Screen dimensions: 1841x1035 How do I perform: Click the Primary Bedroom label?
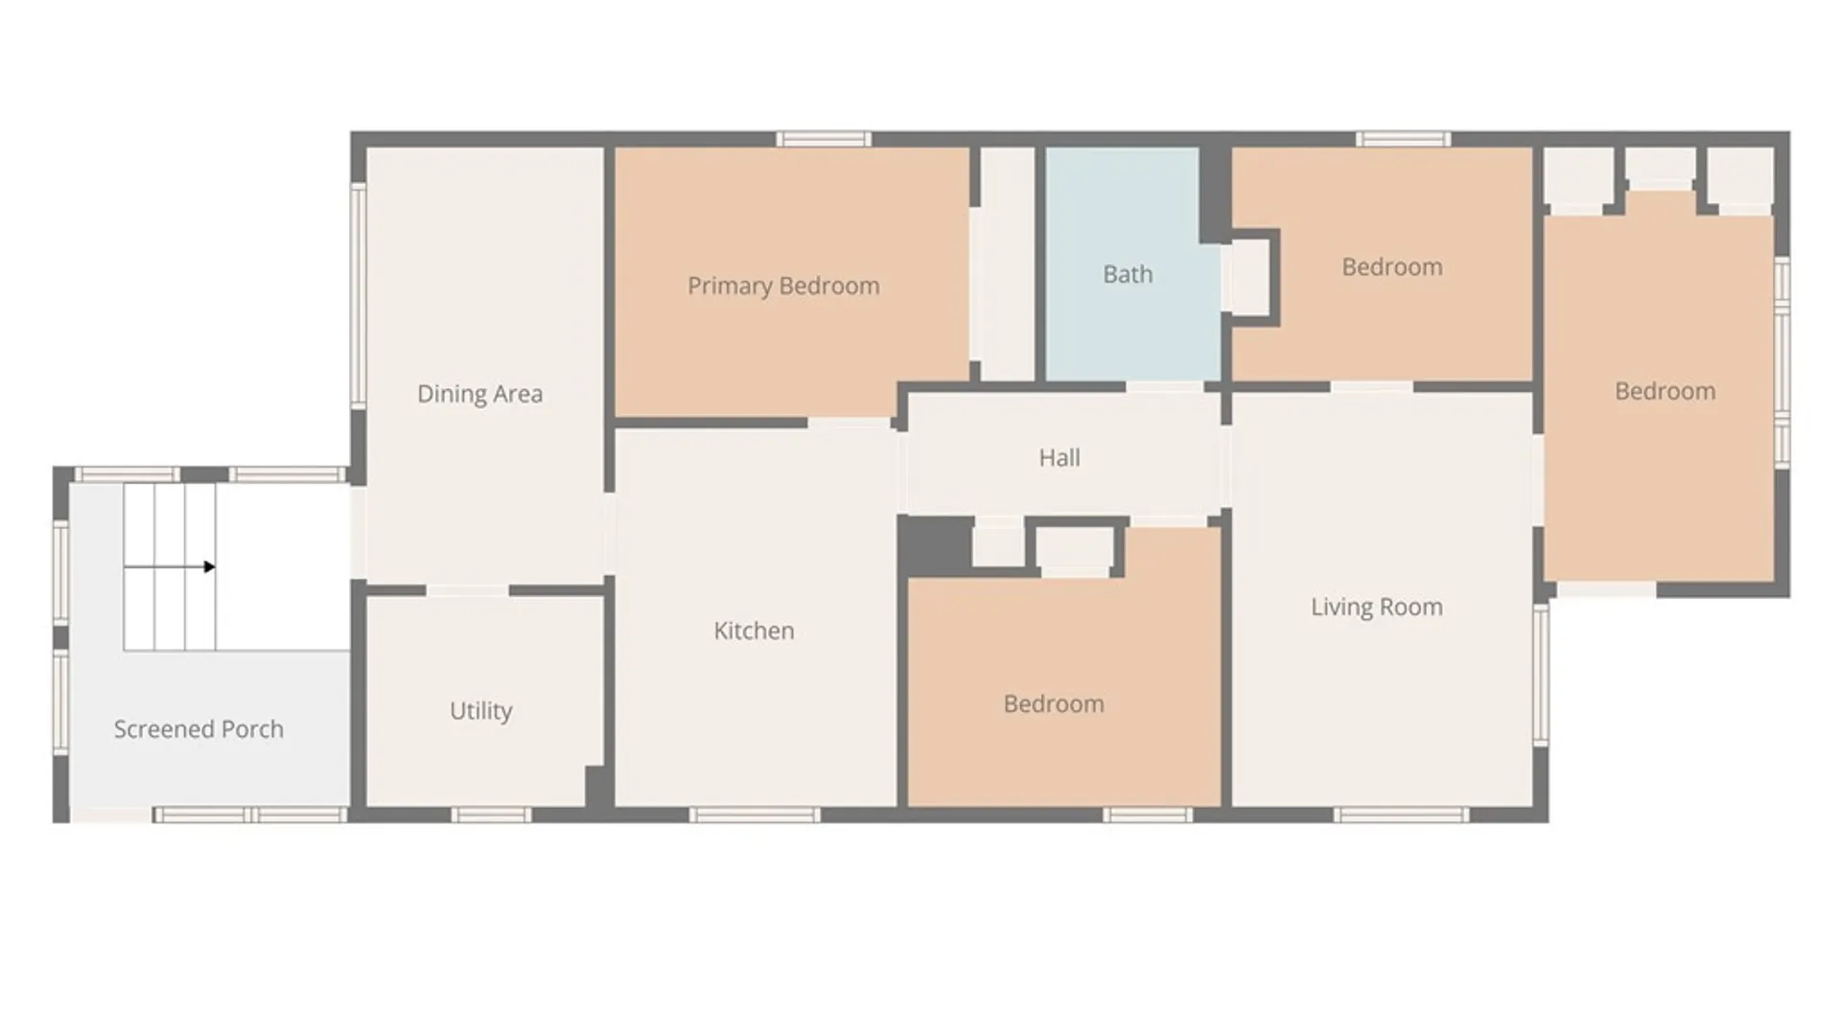coord(783,286)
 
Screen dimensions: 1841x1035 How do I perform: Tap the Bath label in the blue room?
coord(1128,274)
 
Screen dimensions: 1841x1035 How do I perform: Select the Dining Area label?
coord(479,394)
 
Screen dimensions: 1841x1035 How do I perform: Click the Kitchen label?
coord(754,631)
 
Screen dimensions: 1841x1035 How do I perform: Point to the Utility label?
coord(481,710)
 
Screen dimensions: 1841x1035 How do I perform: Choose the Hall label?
coord(1060,458)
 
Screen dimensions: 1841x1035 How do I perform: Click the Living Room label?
coord(1377,607)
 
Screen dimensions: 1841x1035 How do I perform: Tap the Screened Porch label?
coord(198,729)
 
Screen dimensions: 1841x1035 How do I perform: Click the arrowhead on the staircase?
coord(209,567)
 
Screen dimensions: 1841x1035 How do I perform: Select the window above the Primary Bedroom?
coord(824,139)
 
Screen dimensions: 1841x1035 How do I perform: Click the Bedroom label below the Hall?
coord(1054,704)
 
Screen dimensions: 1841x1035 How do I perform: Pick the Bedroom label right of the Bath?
coord(1392,267)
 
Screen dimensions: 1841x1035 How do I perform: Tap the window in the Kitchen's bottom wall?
coord(755,816)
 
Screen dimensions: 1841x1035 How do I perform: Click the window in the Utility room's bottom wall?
coord(491,816)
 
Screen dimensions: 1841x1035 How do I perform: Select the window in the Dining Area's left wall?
coord(358,295)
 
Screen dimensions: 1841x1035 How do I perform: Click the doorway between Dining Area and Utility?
coord(468,590)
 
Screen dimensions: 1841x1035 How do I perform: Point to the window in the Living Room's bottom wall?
coord(1401,816)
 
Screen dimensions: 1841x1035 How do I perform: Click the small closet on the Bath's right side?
coord(1250,276)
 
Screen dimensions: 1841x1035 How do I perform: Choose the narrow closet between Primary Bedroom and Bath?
coord(1007,264)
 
